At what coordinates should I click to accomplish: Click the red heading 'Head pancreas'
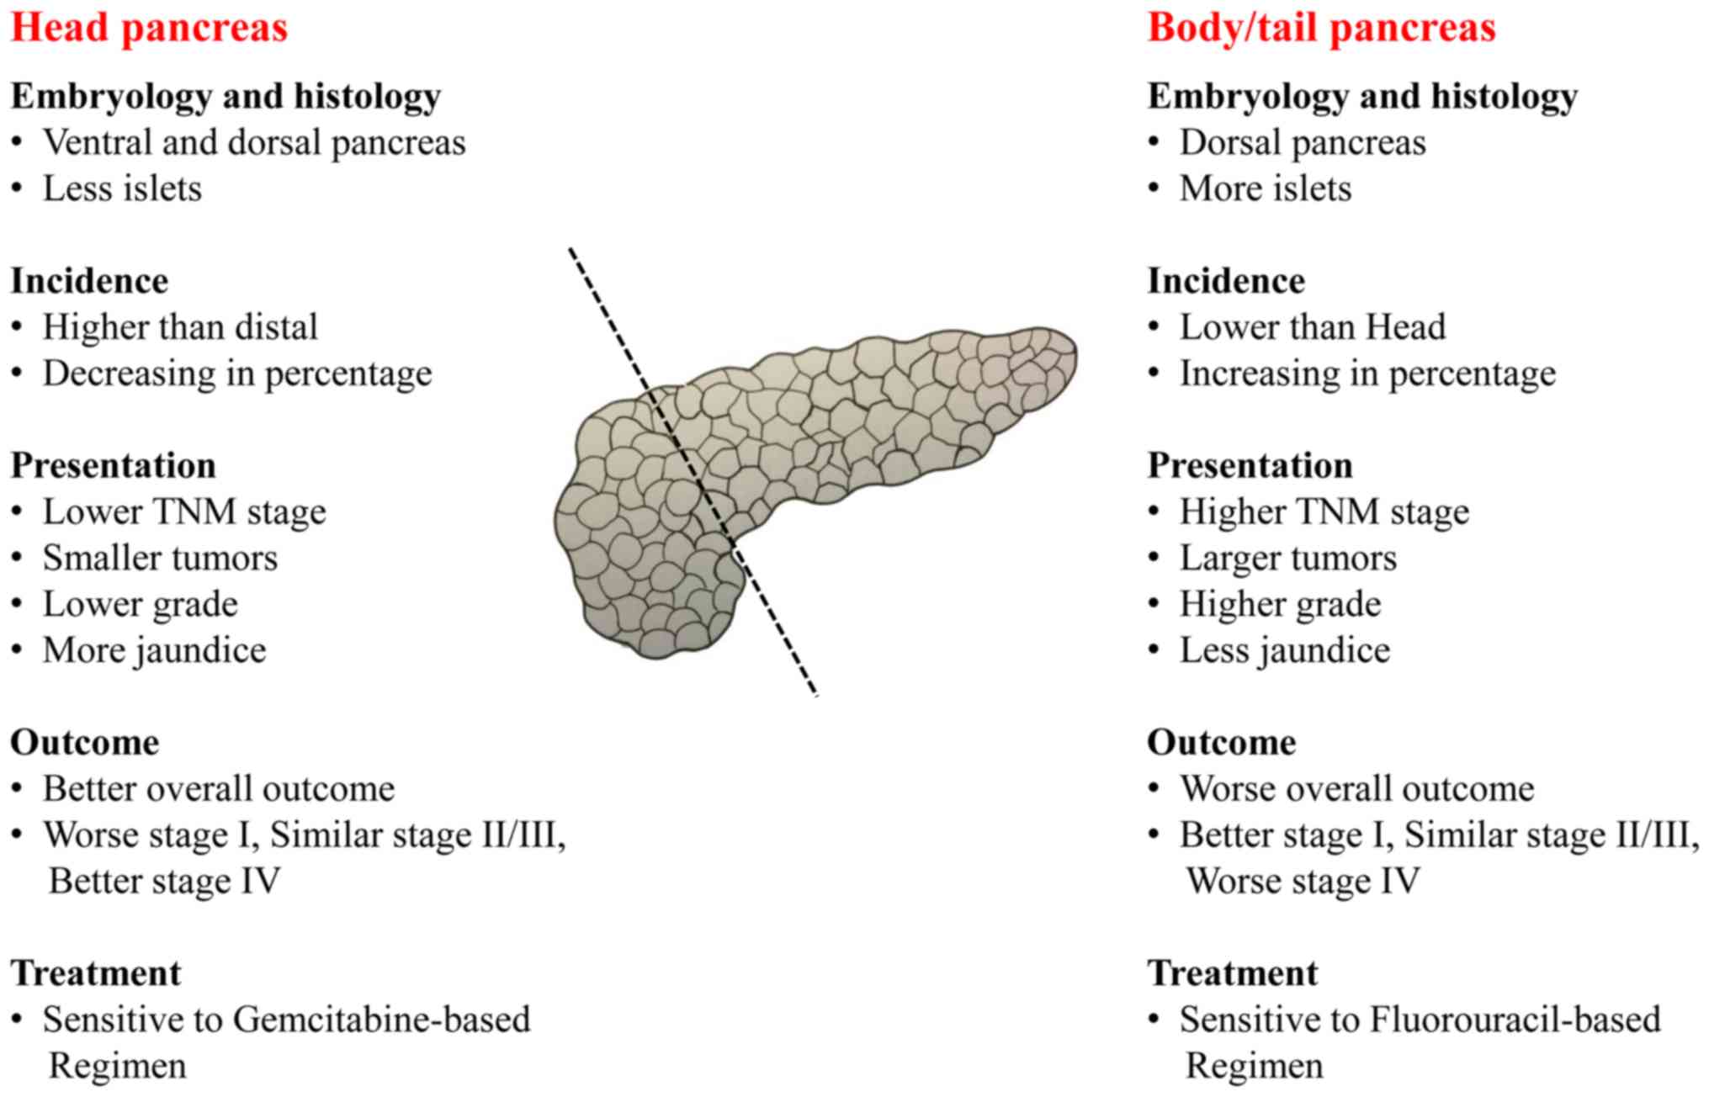coord(149,27)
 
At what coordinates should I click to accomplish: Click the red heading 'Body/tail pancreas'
coord(1321,27)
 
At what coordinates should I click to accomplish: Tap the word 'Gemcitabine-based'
coord(381,1020)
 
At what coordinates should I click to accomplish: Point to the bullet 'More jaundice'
coord(154,650)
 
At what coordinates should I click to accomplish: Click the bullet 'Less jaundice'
coord(1284,650)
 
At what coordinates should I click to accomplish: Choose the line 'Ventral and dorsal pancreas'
coord(254,143)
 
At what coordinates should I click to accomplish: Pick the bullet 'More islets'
coord(1265,188)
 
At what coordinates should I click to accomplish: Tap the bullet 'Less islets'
coord(122,188)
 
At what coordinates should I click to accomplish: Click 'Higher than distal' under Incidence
coord(180,327)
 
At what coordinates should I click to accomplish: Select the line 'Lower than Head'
coord(1312,327)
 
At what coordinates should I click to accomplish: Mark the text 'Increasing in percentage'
coord(1367,374)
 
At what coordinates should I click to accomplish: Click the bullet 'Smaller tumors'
coord(160,558)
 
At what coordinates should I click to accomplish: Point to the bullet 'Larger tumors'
coord(1287,558)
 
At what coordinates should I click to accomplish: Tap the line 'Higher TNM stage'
coord(1324,511)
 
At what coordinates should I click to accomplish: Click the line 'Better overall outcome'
coord(219,789)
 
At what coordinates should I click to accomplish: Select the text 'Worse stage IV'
coord(1303,881)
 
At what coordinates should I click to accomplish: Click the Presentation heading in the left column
coord(113,465)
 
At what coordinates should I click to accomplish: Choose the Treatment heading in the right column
coord(1232,973)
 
